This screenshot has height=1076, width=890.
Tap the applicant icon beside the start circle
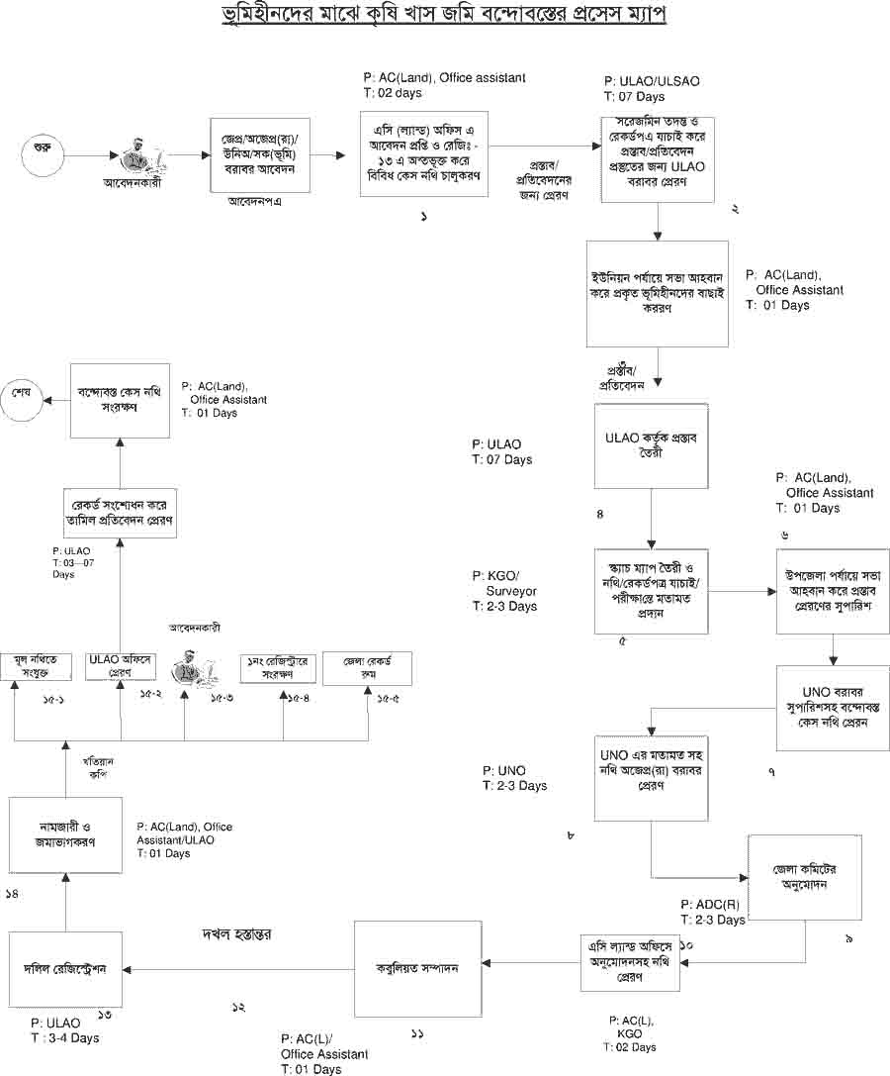click(138, 156)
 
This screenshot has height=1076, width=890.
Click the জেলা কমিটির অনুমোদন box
click(800, 877)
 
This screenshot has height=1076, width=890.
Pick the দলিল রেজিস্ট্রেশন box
click(65, 969)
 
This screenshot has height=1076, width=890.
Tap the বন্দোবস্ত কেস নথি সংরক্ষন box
click(121, 400)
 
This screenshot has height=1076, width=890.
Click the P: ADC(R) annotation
click(711, 905)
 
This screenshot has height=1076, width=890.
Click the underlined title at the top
click(445, 18)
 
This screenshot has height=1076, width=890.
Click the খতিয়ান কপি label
click(101, 767)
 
